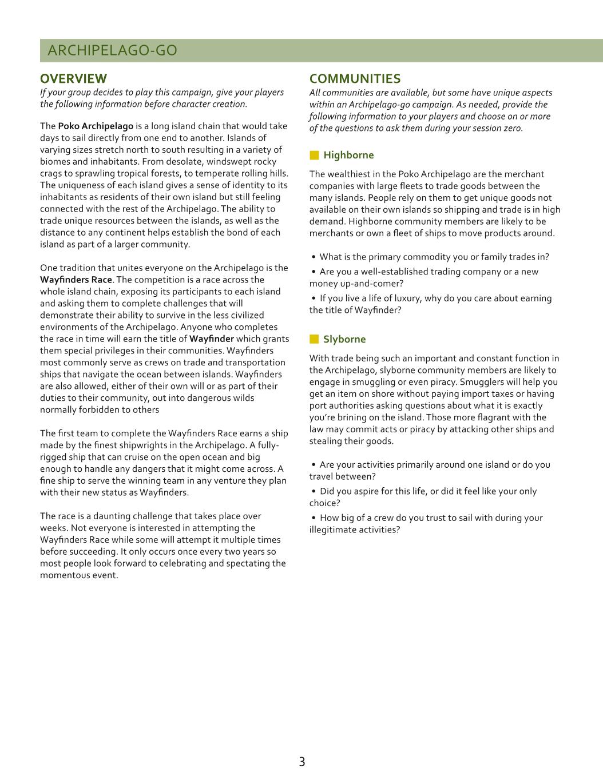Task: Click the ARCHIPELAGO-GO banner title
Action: pos(112,50)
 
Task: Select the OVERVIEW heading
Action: pos(73,78)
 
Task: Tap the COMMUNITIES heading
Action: pos(355,78)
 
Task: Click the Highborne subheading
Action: pos(348,155)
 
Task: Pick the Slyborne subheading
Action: pos(344,339)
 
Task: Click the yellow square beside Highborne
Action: pos(314,155)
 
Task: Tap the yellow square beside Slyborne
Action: pos(314,339)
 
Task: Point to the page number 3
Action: pos(301,762)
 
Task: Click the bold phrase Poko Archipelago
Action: pos(96,126)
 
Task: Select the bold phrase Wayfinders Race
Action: pos(76,280)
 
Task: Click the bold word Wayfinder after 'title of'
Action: pos(212,339)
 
